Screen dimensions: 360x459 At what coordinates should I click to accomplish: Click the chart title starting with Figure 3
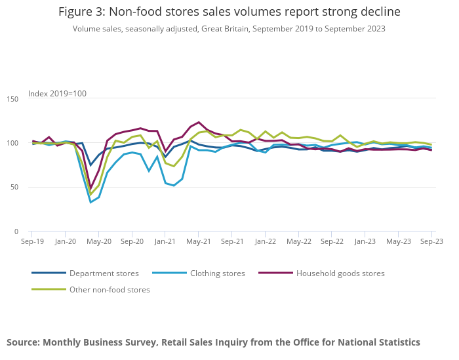[x=229, y=12]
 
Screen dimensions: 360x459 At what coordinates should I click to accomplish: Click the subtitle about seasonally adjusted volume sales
[x=229, y=29]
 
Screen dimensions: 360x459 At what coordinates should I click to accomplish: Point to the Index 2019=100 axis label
[x=57, y=94]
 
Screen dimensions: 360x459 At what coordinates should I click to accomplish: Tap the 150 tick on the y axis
[x=12, y=99]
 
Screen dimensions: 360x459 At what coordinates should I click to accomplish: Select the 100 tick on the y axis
[x=12, y=143]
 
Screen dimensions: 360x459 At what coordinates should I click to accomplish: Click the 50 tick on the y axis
[x=14, y=188]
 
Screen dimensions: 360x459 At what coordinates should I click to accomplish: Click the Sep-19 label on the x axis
[x=31, y=241]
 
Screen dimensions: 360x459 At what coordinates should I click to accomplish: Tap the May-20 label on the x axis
[x=98, y=241]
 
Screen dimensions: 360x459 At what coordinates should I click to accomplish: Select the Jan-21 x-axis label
[x=165, y=241]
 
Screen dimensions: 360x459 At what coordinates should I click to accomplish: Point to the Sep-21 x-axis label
[x=232, y=241]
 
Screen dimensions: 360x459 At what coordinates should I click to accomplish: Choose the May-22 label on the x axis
[x=299, y=241]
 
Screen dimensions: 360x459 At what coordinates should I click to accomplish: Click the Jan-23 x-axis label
[x=365, y=241]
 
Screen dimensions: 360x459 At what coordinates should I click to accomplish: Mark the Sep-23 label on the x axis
[x=431, y=241]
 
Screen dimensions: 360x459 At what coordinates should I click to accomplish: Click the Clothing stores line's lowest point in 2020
[x=90, y=202]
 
